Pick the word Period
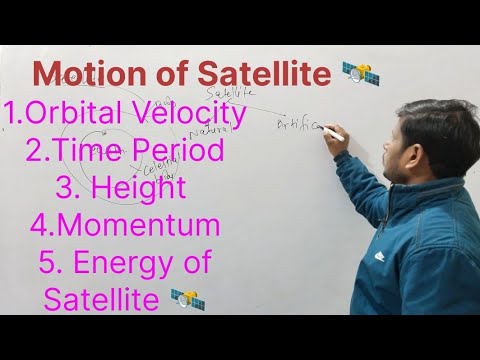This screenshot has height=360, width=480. [174, 153]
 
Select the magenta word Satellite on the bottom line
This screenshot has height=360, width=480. [102, 299]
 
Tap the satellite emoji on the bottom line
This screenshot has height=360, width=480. [187, 297]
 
